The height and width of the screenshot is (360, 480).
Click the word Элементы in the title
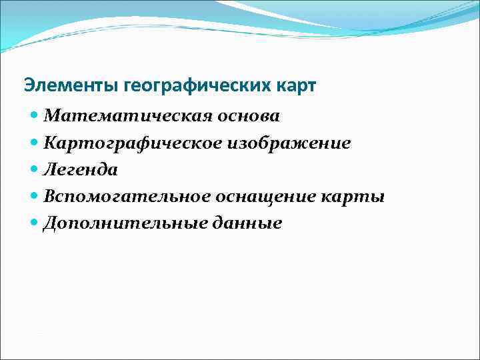pos(63,86)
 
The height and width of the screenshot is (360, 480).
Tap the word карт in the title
pos(296,86)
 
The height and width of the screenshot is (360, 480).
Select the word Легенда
pos(81,170)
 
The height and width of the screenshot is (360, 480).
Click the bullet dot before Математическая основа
pos(35,116)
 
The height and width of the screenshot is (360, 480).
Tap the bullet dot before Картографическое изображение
pos(35,143)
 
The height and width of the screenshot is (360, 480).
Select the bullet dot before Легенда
pos(35,169)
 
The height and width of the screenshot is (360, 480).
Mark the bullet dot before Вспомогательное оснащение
pos(35,196)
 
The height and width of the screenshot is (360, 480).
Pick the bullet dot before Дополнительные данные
pos(35,223)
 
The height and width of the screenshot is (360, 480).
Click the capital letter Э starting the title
pos(28,86)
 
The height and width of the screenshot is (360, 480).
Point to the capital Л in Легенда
pos(50,170)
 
